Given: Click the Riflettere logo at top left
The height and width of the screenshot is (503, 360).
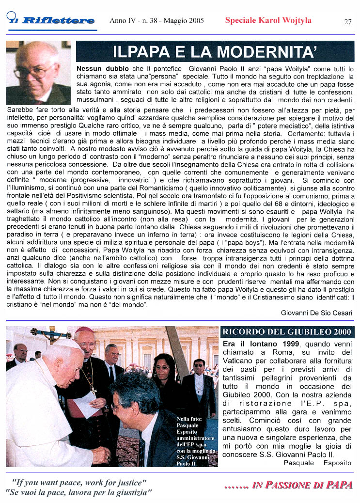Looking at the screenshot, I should [51, 20].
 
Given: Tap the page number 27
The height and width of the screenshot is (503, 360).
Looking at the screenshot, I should [348, 22].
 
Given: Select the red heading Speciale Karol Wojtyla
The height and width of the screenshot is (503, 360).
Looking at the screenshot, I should [268, 20].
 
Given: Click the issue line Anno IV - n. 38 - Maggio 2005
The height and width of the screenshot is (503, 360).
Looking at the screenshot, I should [157, 21].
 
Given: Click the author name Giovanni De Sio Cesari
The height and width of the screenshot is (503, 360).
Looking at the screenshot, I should [316, 313].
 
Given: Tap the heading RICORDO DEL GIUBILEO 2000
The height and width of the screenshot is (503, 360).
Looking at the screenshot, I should [287, 332].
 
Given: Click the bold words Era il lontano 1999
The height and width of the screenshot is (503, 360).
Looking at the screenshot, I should [260, 344].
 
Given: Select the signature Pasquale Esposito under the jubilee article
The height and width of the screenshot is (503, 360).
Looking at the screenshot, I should [317, 463].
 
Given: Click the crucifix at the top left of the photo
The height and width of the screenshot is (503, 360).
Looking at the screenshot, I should [50, 334].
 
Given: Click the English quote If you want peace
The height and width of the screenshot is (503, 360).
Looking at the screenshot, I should [79, 483].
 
